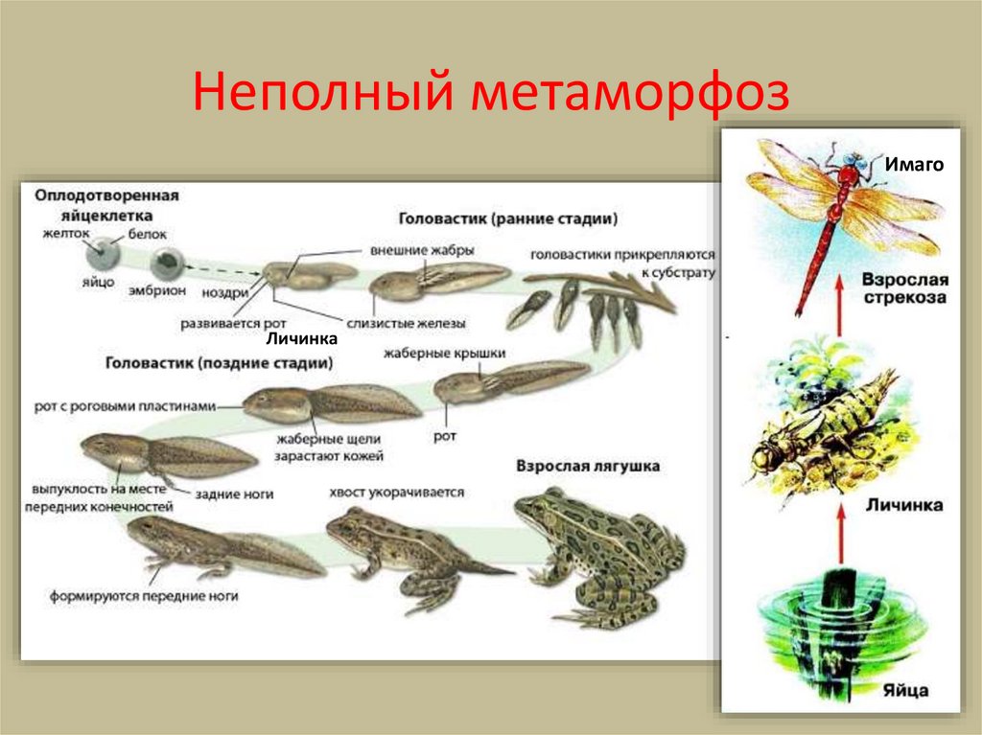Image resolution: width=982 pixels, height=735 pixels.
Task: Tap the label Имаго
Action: (x=914, y=165)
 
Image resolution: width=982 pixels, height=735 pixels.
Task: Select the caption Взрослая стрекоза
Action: (x=904, y=288)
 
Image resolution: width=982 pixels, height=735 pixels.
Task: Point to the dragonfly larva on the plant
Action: (x=825, y=431)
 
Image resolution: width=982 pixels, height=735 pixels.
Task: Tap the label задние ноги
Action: (x=235, y=494)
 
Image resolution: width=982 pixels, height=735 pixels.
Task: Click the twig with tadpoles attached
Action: (x=599, y=292)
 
